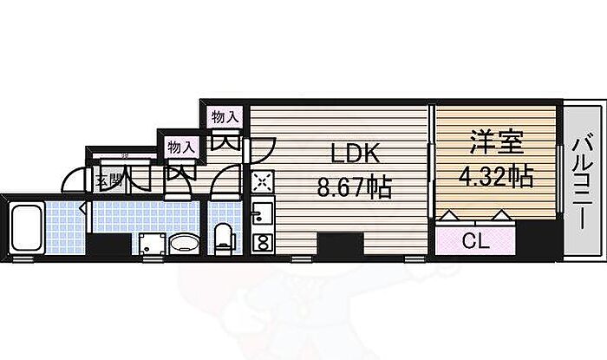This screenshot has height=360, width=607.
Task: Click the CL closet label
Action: click(475, 240)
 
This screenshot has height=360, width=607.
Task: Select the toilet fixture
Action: click(223, 238)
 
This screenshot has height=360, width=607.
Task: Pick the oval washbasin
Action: click(184, 243)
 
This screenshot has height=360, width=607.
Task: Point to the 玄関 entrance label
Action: click(107, 181)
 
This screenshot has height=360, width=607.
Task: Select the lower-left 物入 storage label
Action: click(179, 147)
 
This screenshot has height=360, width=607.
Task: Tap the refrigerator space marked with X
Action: click(261, 181)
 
